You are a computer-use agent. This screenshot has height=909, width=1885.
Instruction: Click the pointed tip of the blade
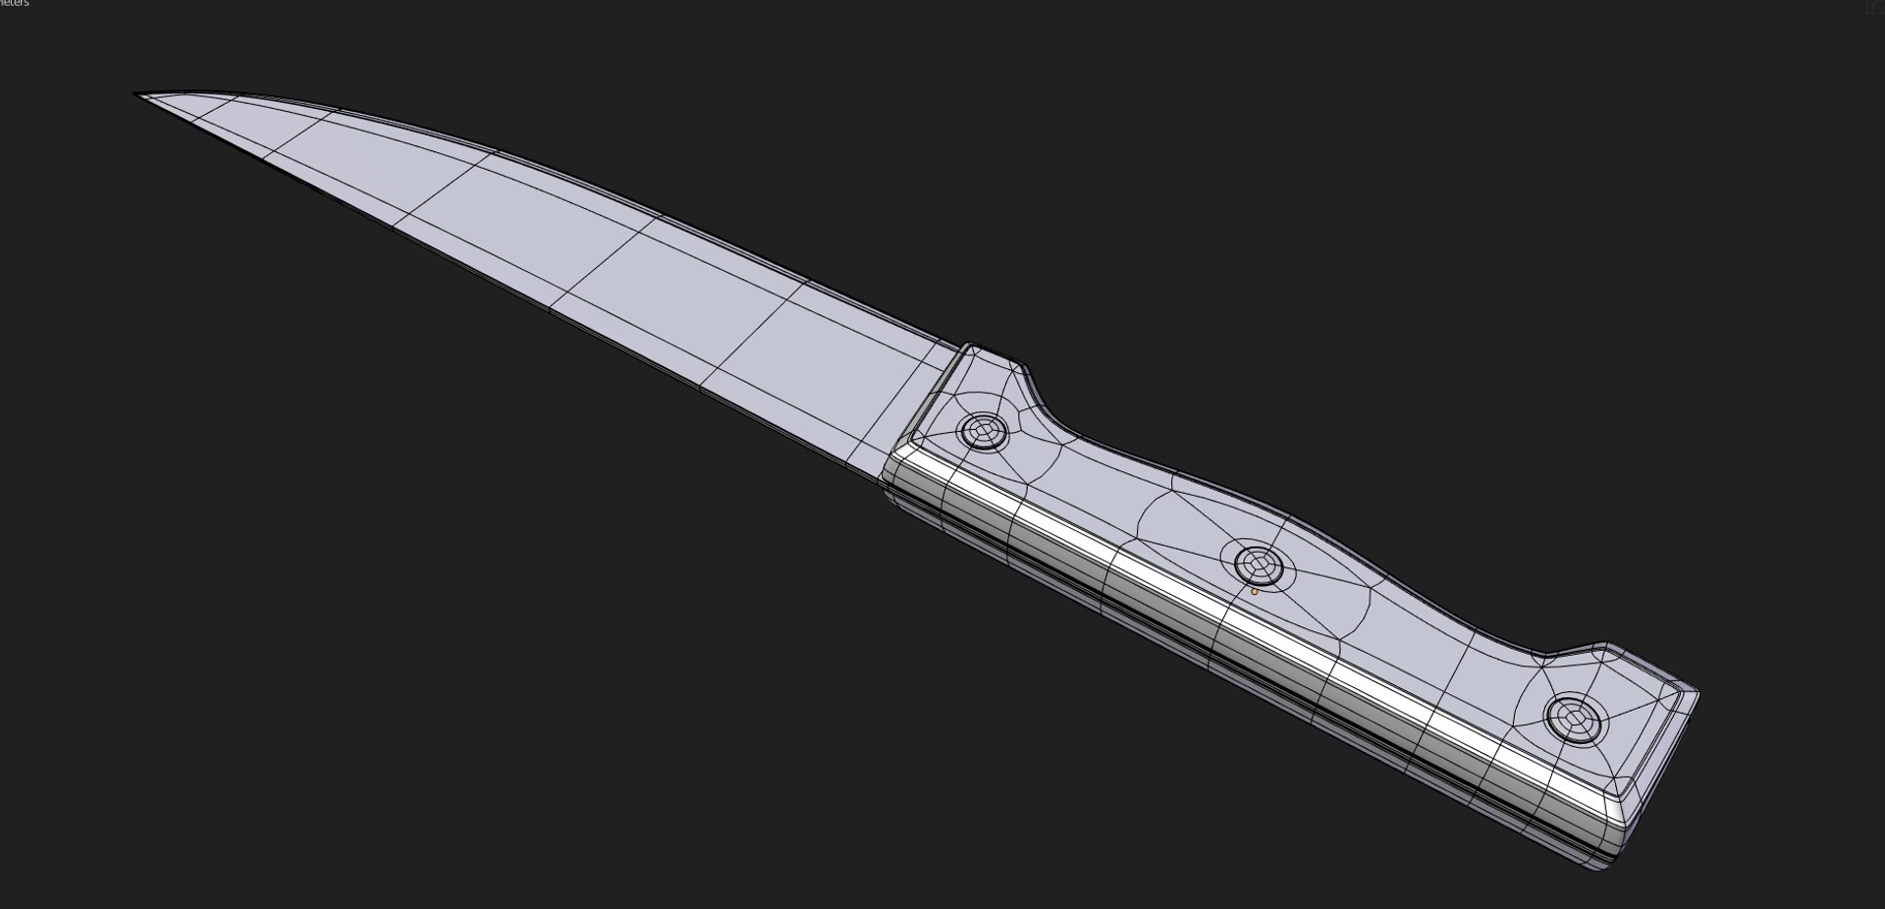(137, 95)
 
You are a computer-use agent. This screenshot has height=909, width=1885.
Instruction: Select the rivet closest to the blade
(983, 430)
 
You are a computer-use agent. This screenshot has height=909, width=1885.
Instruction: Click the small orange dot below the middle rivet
(1254, 592)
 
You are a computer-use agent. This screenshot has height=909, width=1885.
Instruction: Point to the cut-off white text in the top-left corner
(14, 4)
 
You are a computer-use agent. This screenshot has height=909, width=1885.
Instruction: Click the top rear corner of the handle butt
(1695, 693)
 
